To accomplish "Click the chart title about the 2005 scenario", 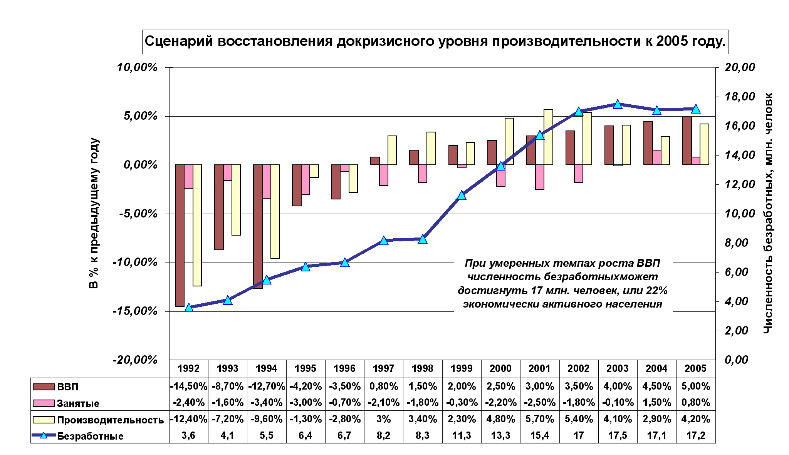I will point(435,42).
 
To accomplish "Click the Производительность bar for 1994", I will point(275,212).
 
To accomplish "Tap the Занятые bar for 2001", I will point(540,177).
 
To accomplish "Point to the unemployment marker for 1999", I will point(462,196).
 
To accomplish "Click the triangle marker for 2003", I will point(618,105).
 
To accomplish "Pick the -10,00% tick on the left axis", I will point(135,263).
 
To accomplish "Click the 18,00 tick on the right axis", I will point(740,97).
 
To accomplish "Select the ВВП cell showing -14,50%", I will point(188,386).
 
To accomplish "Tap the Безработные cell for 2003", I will point(618,435).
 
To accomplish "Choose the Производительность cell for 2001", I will point(540,419).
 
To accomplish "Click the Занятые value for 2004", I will point(656,403).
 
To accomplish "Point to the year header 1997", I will point(383,369).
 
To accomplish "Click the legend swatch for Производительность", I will point(44,420).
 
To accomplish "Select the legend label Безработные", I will point(90,436).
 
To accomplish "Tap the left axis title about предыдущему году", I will point(94,214).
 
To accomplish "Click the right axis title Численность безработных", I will point(768,214).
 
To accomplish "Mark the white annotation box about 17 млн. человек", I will point(563,294).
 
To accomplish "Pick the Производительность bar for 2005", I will point(704,144).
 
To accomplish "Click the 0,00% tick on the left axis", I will point(141,165).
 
